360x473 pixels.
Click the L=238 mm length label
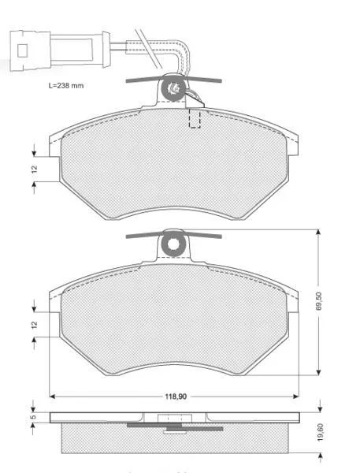[x=66, y=86]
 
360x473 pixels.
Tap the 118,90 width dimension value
[x=176, y=397]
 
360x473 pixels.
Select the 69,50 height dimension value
[x=320, y=301]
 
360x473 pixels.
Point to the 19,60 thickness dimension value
[x=320, y=432]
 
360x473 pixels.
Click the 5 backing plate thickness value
[x=34, y=416]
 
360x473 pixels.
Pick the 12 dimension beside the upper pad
[x=35, y=169]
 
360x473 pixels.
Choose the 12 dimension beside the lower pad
[x=35, y=325]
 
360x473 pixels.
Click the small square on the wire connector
[x=22, y=50]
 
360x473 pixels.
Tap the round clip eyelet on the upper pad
[x=173, y=88]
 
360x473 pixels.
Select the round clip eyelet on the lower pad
[x=173, y=244]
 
